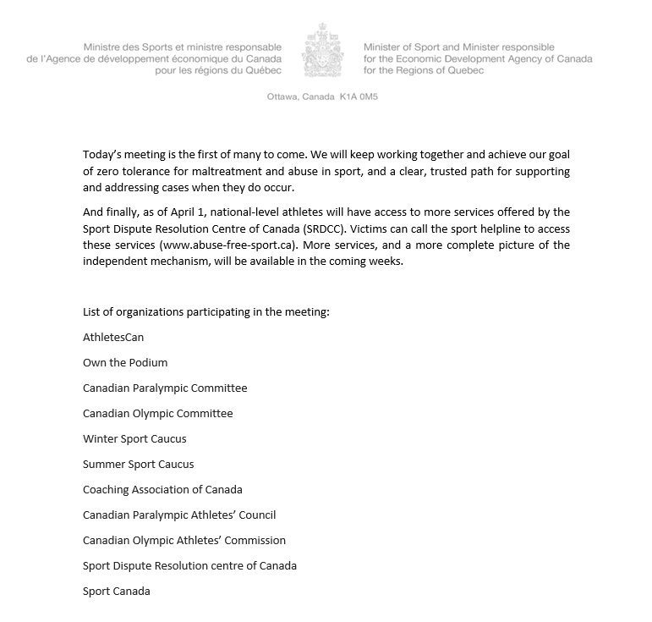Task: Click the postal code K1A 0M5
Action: point(359,97)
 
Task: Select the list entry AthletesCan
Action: point(113,337)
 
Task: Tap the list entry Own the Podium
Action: point(125,362)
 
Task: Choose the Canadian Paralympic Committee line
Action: point(165,388)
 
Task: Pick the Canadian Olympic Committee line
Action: point(157,413)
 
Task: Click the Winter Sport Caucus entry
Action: point(134,438)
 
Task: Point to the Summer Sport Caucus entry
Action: point(138,464)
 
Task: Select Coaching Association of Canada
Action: point(162,489)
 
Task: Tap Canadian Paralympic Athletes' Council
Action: point(179,515)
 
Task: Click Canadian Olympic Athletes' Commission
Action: point(184,540)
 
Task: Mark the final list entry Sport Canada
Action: point(116,591)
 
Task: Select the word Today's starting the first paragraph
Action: point(102,156)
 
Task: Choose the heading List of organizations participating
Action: point(205,311)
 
